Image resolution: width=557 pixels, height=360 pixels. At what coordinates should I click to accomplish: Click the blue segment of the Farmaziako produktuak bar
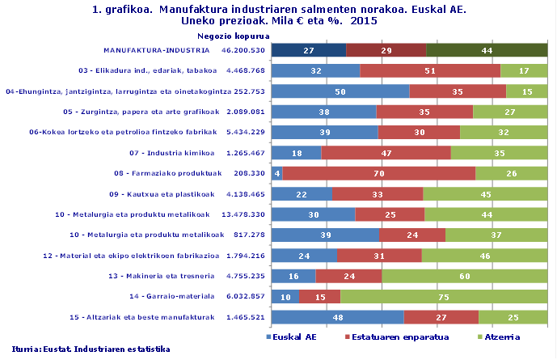[x=276, y=172]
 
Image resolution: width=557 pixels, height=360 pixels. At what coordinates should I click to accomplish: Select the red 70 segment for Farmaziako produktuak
[x=378, y=172]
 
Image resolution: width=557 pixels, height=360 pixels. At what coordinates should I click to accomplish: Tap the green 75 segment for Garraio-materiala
[x=444, y=296]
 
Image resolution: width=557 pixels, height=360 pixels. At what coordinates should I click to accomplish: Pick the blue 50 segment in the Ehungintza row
[x=340, y=91]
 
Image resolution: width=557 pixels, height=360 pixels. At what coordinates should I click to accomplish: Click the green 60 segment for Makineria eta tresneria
[x=464, y=276]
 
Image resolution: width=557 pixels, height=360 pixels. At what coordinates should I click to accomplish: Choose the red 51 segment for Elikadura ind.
[x=430, y=70]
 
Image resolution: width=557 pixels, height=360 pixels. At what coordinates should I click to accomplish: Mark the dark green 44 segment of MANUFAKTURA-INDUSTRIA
[x=487, y=50]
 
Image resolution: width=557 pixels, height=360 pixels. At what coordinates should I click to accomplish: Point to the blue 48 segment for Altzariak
[x=337, y=317]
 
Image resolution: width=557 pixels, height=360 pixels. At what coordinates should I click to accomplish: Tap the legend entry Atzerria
[x=500, y=336]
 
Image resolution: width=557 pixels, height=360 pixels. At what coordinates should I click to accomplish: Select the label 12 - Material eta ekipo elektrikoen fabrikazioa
[x=131, y=256]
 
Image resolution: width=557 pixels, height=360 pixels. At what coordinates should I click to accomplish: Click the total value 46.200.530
[x=243, y=50]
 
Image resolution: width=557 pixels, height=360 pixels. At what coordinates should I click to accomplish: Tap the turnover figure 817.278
[x=248, y=235]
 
